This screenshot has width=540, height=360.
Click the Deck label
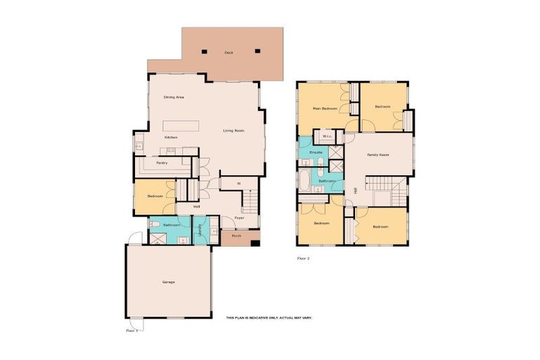coord(229,53)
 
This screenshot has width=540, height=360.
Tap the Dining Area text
coord(174,96)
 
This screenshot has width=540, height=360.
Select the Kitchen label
coord(171,137)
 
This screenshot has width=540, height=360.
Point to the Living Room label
coord(233,131)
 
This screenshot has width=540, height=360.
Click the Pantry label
coord(161,162)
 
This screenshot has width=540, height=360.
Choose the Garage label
coord(168,282)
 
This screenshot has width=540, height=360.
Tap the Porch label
coord(236,236)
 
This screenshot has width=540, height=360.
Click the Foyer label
coord(239,218)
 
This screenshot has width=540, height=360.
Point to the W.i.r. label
coord(327,136)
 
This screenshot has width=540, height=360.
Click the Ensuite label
coord(316,152)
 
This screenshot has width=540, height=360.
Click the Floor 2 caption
coord(303,258)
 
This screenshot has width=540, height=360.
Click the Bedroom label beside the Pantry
coord(155,196)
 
